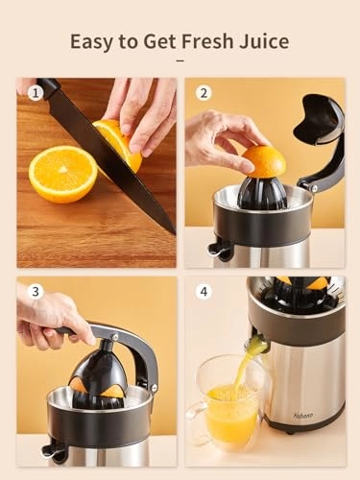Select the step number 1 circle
click(36, 93)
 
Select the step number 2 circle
click(203, 93)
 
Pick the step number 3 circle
click(36, 292)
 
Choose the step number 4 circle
click(203, 292)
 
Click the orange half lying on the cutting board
click(62, 174)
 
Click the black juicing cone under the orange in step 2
click(261, 191)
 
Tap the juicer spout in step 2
click(221, 252)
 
